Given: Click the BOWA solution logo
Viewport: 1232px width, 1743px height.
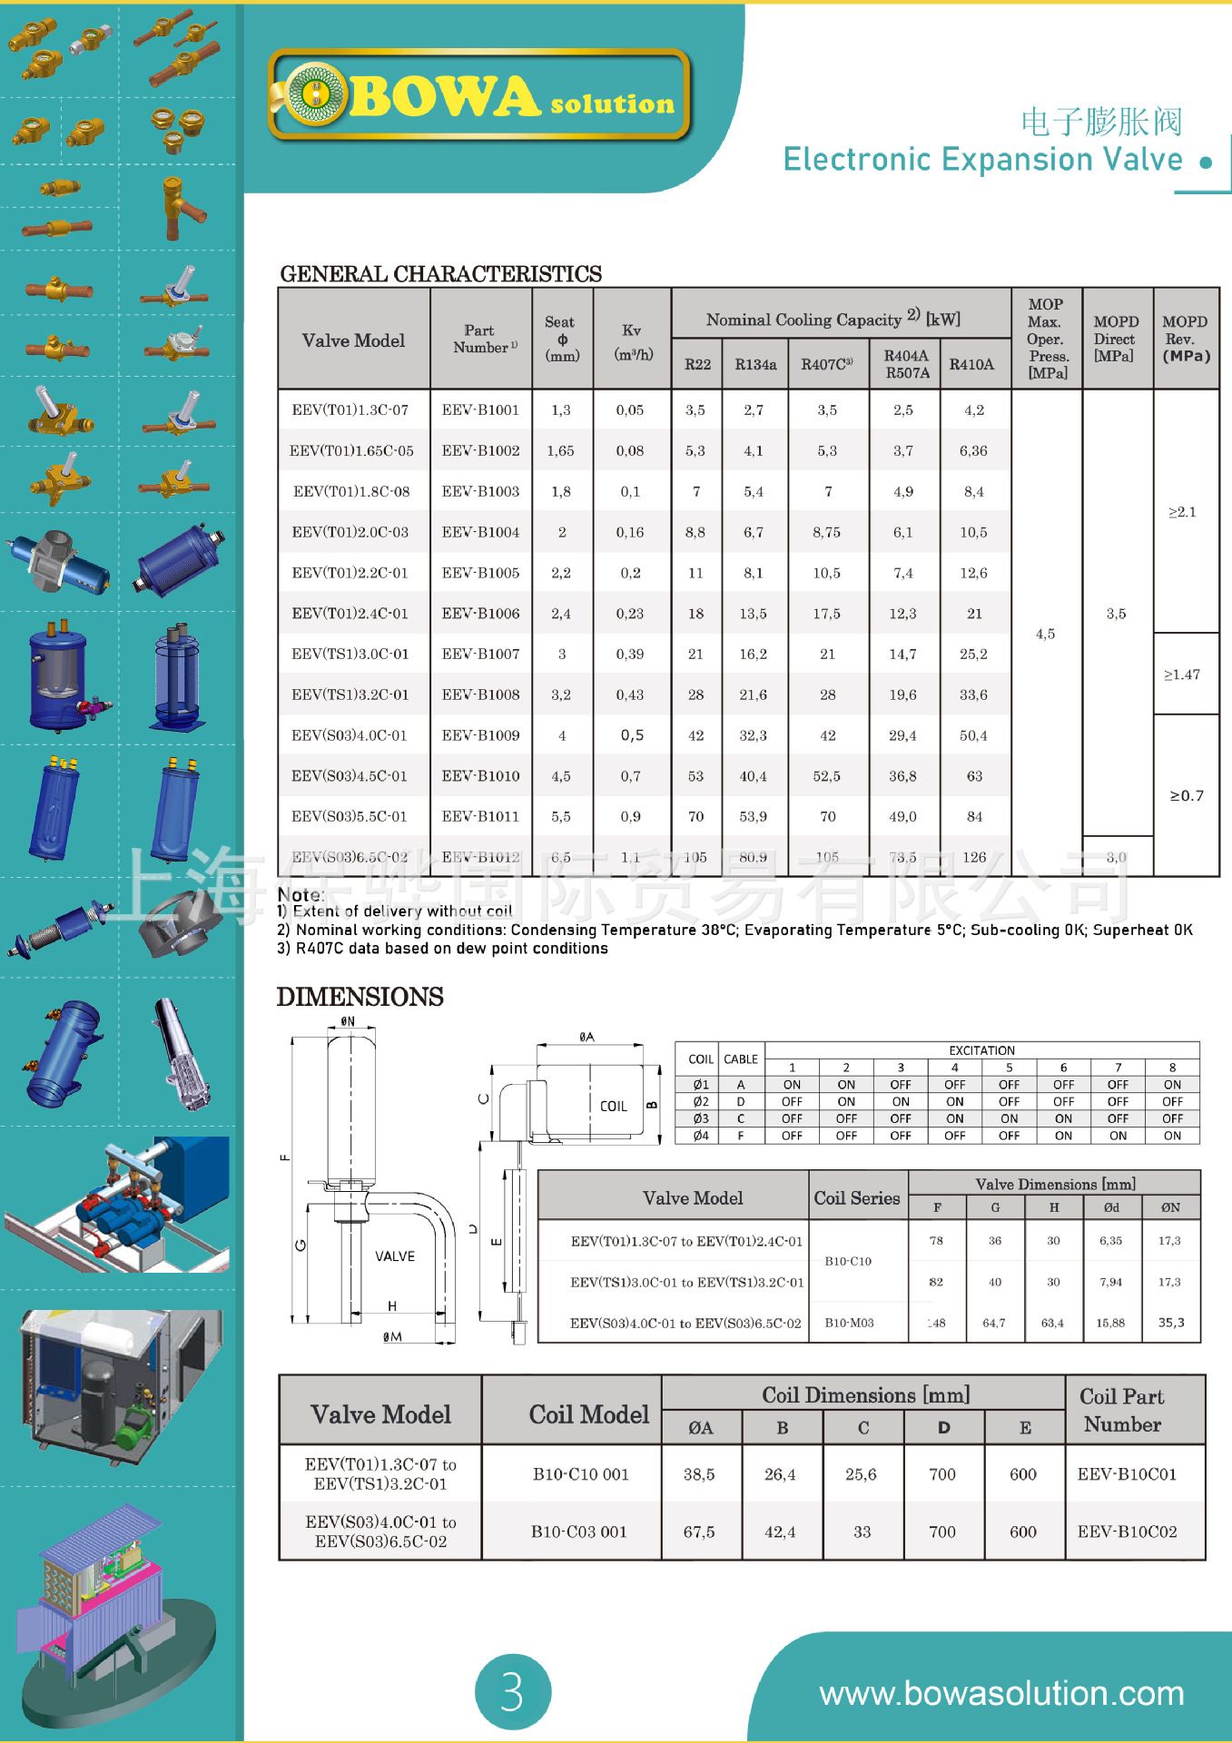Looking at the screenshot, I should point(479,96).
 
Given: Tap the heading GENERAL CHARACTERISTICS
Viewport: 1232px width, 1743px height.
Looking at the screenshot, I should point(440,274).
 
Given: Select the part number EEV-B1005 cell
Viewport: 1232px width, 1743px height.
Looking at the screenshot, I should point(480,573).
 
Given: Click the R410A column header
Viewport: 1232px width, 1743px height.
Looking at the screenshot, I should point(971,365).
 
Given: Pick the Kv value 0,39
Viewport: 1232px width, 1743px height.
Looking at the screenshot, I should point(630,655).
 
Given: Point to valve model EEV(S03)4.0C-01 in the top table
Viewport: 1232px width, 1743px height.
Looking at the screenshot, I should point(350,735).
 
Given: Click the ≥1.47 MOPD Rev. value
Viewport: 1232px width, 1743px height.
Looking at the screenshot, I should point(1182,675).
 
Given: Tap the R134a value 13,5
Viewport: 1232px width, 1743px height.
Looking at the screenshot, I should point(753,614).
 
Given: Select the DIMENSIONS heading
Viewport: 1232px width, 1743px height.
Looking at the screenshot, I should point(360,997).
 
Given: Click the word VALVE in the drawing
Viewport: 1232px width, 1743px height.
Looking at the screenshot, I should point(395,1256).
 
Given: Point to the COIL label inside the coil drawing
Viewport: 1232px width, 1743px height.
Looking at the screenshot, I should point(614,1106).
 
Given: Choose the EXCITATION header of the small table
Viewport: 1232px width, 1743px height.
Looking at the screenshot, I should point(981,1050).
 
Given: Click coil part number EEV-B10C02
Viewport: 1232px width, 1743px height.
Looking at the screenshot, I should point(1127,1531).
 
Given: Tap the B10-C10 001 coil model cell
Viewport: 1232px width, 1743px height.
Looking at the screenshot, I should point(580,1474).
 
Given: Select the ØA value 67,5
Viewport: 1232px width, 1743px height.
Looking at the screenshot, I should point(699,1531).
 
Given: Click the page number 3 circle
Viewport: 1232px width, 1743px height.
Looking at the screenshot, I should point(513,1692).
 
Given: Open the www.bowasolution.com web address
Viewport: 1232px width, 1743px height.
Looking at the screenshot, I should point(1001,1694).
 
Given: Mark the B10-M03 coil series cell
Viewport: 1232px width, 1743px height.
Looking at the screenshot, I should point(849,1323).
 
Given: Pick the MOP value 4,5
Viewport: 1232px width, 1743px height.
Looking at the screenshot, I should point(1045,634).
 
